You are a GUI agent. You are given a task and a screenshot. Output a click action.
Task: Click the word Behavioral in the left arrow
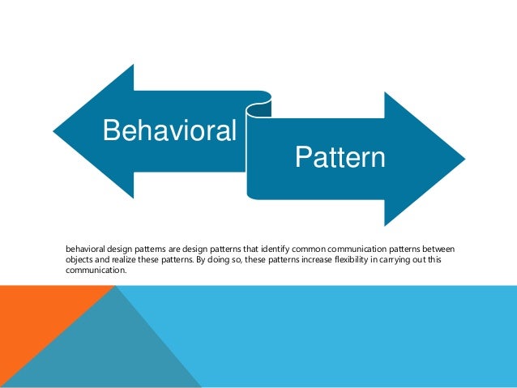[169, 130]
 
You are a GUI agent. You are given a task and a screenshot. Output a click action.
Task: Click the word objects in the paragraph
[79, 258]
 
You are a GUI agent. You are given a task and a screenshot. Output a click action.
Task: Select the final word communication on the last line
[96, 271]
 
